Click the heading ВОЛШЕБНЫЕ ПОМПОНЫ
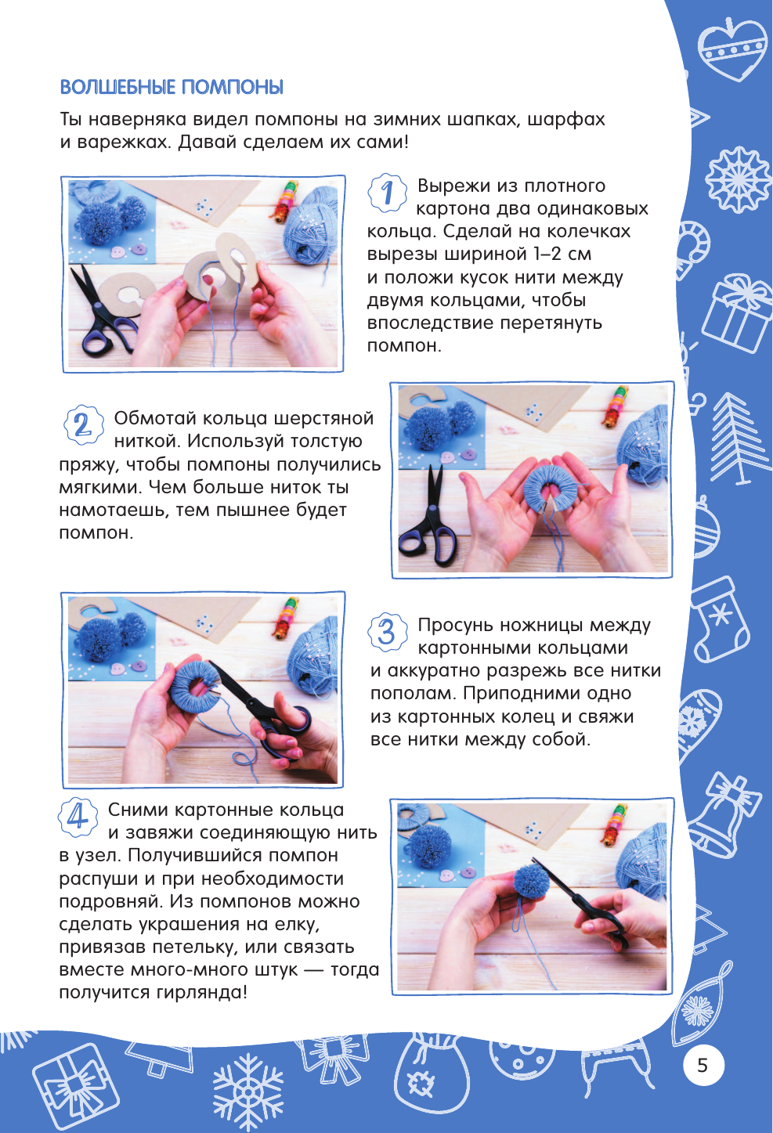[172, 88]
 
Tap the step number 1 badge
[387, 192]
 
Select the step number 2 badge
[82, 424]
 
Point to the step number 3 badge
[387, 632]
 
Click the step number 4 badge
[78, 817]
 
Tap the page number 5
[703, 1065]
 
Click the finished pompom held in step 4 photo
[533, 879]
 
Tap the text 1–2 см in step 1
[562, 254]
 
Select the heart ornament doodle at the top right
[732, 49]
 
